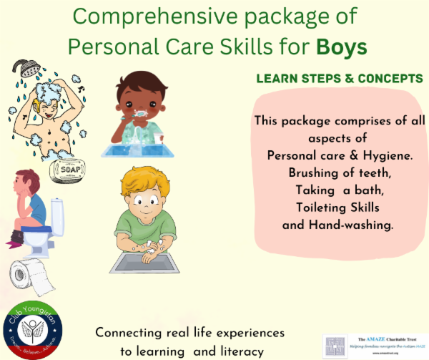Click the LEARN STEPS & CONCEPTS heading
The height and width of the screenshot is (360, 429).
coord(339,78)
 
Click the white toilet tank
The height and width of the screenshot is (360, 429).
coord(56,214)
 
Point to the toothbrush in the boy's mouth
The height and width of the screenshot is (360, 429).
coord(142,113)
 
